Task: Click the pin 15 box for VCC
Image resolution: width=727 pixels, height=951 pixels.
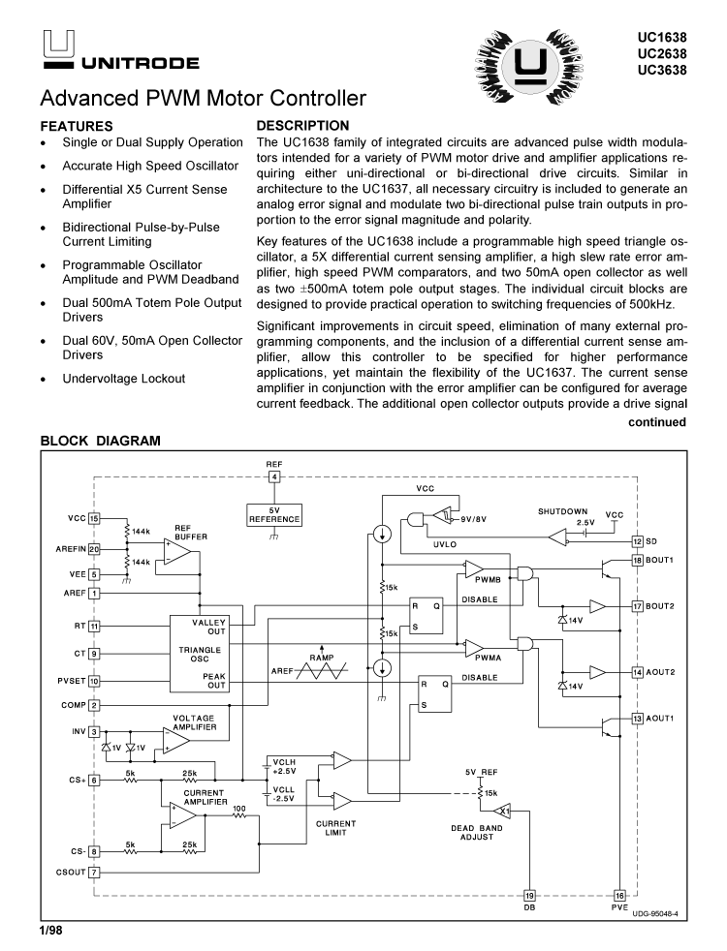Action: pyautogui.click(x=94, y=518)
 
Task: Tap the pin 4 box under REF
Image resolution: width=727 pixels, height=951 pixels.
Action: pyautogui.click(x=274, y=476)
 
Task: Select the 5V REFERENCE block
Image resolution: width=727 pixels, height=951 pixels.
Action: pyautogui.click(x=274, y=513)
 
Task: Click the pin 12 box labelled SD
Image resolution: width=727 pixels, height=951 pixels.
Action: pyautogui.click(x=637, y=541)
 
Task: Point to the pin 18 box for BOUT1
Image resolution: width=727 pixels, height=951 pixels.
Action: pyautogui.click(x=637, y=560)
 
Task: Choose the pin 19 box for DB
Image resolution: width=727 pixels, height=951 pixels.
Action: pyautogui.click(x=530, y=895)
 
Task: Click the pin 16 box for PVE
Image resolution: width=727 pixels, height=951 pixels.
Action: pyautogui.click(x=619, y=895)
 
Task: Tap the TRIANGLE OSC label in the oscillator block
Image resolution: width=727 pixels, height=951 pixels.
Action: pyautogui.click(x=199, y=654)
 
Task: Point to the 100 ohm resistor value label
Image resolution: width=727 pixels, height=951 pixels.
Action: pyautogui.click(x=238, y=808)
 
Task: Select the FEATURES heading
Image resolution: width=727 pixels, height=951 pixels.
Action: pyautogui.click(x=77, y=126)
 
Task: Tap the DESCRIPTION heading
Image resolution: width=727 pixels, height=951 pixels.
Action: pyautogui.click(x=302, y=126)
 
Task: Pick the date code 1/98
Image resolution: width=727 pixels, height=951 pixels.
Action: pyautogui.click(x=50, y=931)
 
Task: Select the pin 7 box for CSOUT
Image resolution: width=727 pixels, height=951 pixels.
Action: pyautogui.click(x=94, y=872)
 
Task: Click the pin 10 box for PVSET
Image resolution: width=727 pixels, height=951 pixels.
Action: pyautogui.click(x=94, y=680)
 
